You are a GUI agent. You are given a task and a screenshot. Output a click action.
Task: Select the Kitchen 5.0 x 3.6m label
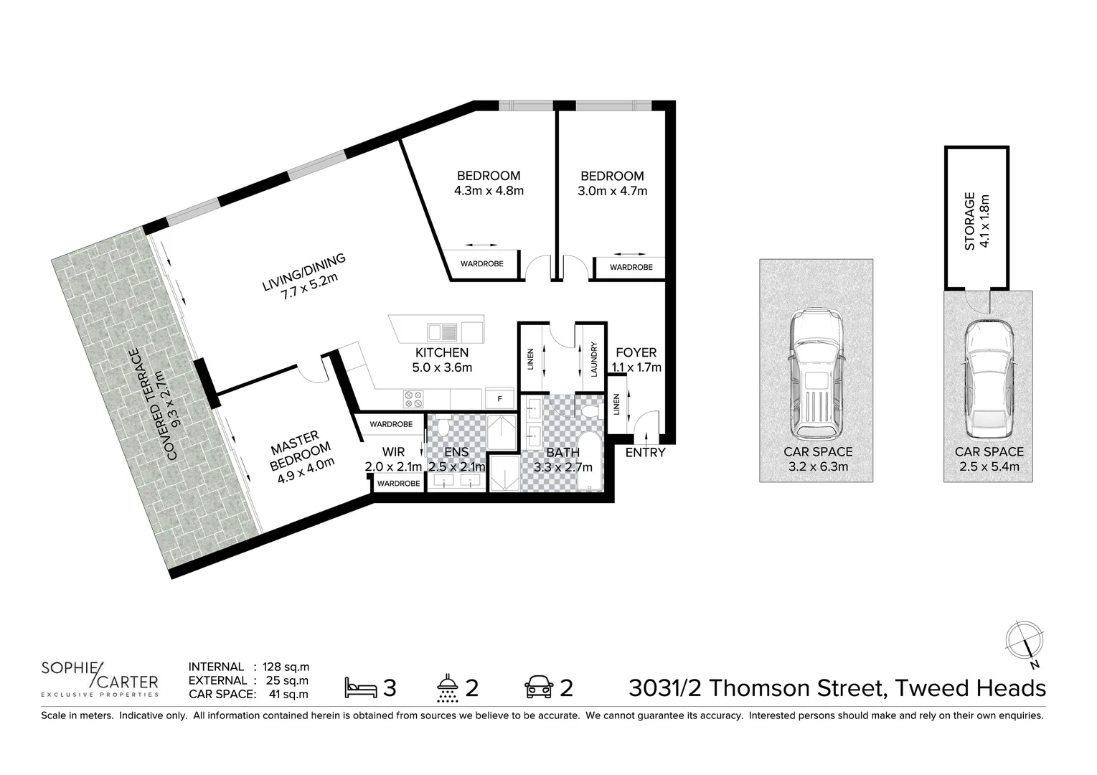(442, 360)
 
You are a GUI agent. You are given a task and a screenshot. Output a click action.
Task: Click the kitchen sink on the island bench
(443, 332)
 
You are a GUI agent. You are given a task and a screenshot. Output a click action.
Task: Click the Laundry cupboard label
(594, 359)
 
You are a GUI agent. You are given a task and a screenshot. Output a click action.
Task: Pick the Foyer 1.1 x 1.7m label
(636, 360)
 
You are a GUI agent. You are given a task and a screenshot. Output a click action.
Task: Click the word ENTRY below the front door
(645, 453)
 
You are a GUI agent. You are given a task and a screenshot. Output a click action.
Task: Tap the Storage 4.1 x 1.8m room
(976, 219)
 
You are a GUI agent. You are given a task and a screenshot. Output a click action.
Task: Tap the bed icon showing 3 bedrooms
(361, 687)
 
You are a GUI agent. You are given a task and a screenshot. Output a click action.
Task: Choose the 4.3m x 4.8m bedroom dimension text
(489, 191)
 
